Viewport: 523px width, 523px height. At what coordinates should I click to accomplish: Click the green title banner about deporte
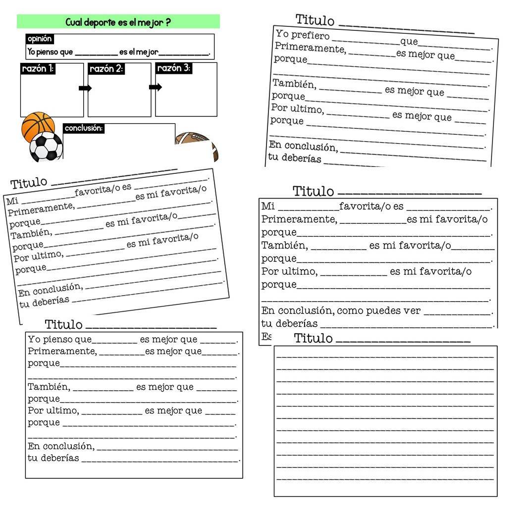tap(118, 22)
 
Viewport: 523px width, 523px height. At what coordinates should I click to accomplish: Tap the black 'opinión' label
tap(39, 39)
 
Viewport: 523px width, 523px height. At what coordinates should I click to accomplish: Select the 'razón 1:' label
tap(38, 69)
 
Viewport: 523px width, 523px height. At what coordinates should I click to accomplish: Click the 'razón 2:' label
tap(105, 69)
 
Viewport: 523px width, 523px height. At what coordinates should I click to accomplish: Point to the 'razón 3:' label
tap(173, 68)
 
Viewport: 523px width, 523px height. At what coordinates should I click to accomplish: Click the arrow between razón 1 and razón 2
tap(85, 88)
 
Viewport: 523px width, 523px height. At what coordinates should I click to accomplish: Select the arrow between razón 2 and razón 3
tap(156, 87)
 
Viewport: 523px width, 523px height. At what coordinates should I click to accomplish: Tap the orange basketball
tap(38, 126)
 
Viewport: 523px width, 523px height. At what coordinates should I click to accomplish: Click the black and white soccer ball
tap(46, 147)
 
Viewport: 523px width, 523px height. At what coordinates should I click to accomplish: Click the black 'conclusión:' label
tap(84, 128)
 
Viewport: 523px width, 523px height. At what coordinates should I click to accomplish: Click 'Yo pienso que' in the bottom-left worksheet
tap(59, 339)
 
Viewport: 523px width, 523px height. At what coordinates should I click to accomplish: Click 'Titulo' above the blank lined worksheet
tap(313, 338)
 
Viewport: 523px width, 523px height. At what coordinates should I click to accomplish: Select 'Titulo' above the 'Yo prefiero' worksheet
tap(315, 20)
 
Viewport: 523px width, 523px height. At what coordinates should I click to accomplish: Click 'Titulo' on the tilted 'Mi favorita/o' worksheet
tap(29, 183)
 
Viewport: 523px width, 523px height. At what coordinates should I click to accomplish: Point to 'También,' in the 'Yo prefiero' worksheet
tap(293, 84)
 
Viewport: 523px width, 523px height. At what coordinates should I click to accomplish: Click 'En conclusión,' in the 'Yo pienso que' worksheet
tap(61, 446)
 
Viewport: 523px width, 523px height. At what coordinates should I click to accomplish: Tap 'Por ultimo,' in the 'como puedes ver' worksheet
tap(289, 271)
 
